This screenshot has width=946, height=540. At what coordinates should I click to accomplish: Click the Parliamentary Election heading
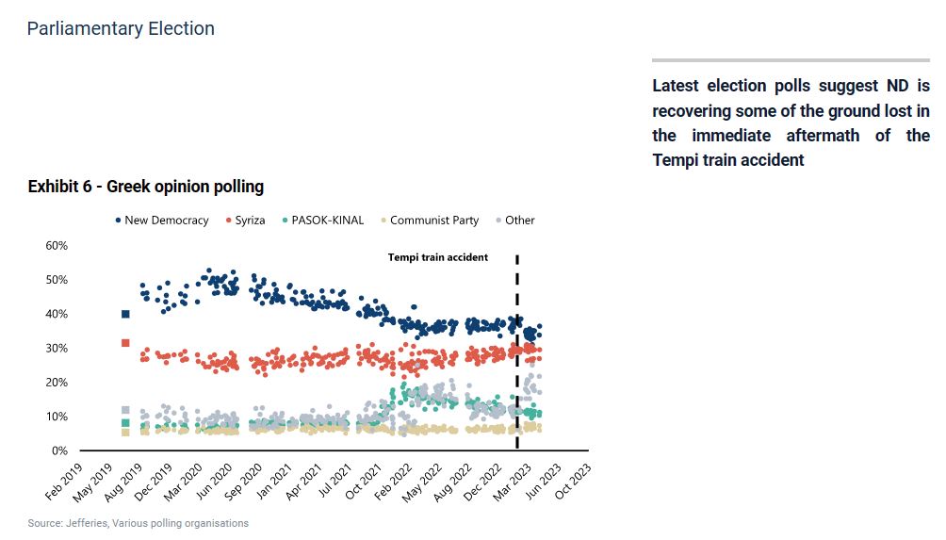coord(121,28)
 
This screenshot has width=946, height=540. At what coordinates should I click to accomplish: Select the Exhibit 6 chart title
coord(146,187)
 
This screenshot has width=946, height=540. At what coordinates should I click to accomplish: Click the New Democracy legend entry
coord(161,221)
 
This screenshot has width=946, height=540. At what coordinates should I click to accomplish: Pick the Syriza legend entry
coord(248,221)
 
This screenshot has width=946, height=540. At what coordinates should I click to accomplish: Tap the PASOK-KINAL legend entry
coord(322,221)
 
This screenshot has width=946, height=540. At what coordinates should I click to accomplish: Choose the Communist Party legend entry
coord(429,221)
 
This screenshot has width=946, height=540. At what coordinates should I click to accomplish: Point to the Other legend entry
coord(514,221)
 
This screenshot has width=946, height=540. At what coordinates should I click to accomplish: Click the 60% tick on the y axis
coord(56,246)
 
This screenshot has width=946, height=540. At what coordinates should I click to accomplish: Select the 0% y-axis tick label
coord(59,450)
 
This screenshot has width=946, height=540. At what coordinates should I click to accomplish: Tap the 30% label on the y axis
coord(56,349)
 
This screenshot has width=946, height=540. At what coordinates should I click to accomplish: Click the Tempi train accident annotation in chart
coord(438,257)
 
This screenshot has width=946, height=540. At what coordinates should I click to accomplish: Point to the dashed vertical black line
coord(517,358)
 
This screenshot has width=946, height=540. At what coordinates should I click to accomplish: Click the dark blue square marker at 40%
coord(125,314)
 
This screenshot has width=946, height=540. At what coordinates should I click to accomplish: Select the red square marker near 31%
coord(125,343)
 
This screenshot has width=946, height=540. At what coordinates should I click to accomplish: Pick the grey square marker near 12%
coord(125,410)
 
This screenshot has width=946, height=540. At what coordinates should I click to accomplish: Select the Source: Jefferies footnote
coord(139,523)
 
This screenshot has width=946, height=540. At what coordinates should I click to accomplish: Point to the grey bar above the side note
coord(791,60)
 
